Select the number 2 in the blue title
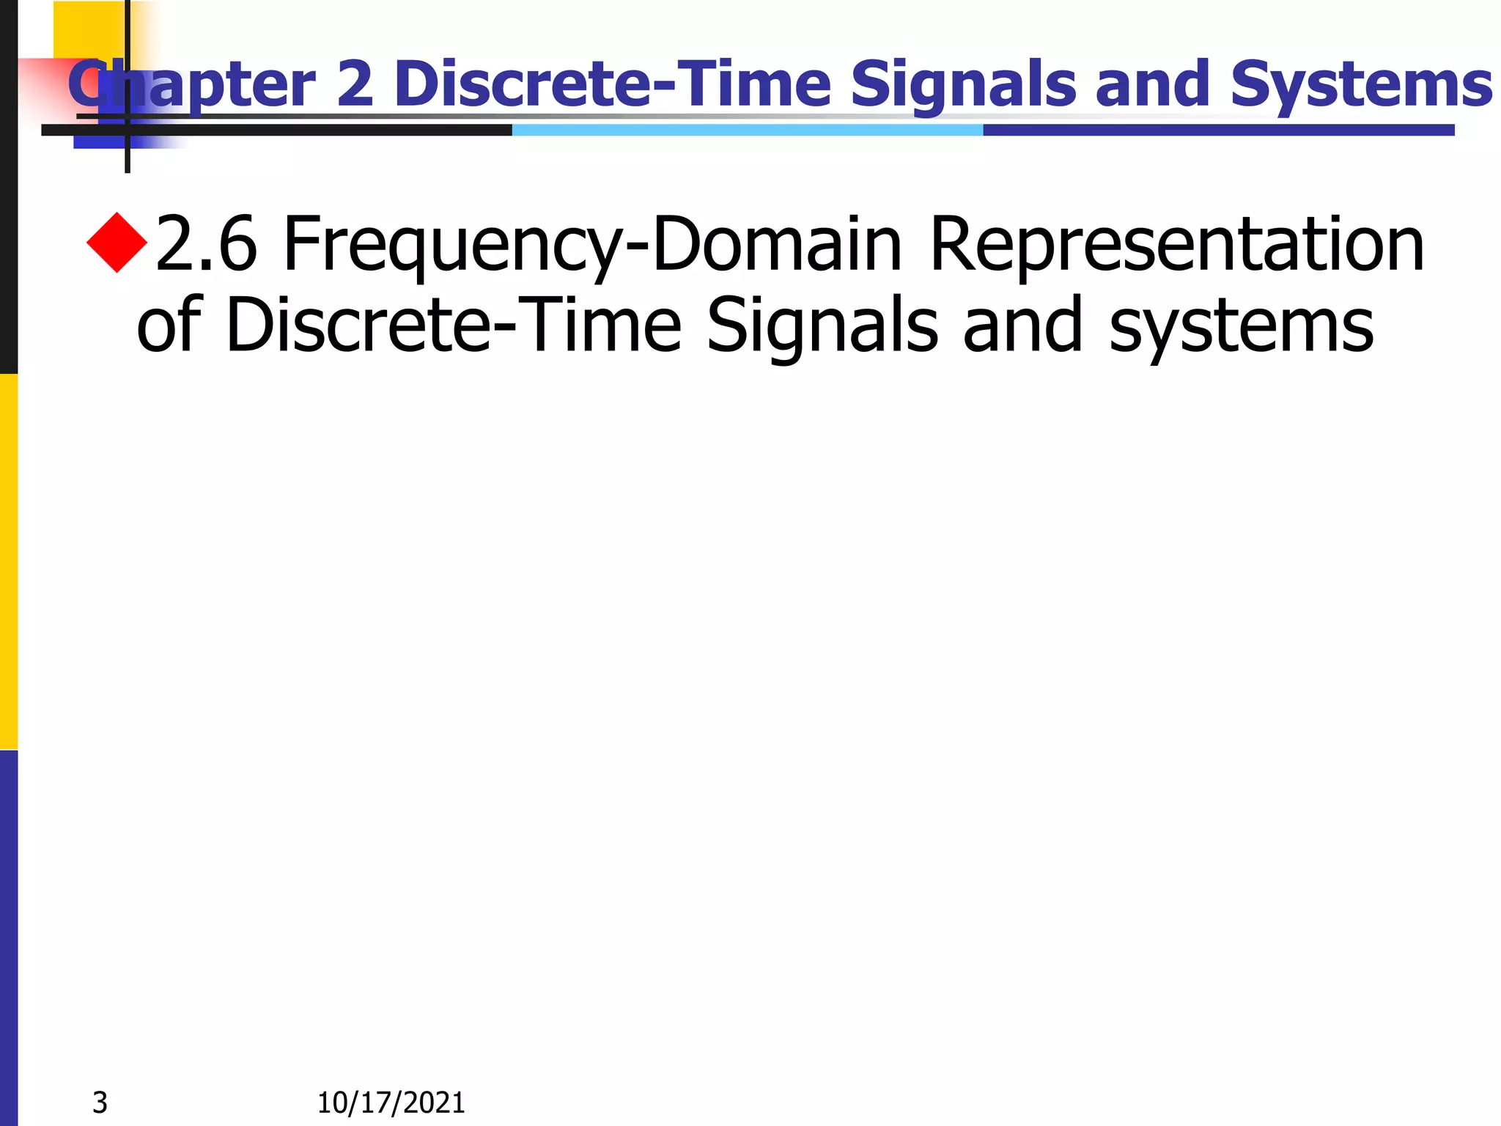[355, 84]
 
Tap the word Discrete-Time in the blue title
[613, 84]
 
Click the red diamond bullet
[117, 243]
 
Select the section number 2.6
[207, 245]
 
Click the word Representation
[1177, 245]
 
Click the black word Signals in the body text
[822, 327]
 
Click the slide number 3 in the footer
[100, 1103]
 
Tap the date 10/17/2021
[391, 1103]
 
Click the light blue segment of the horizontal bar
[748, 130]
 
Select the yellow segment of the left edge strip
[8, 562]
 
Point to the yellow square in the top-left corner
[88, 29]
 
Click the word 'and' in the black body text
[1022, 325]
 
